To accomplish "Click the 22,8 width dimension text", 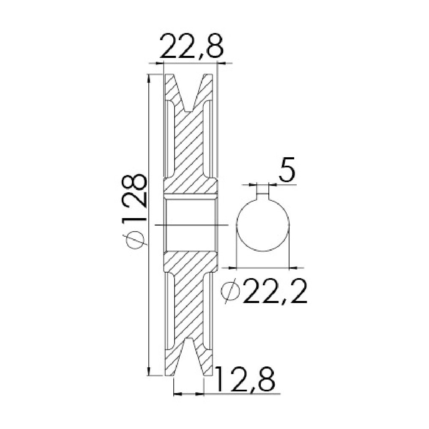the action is click(192, 46).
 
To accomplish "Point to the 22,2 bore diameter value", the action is click(275, 290).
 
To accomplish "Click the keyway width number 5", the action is click(287, 169).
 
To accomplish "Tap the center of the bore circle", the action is click(262, 225).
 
